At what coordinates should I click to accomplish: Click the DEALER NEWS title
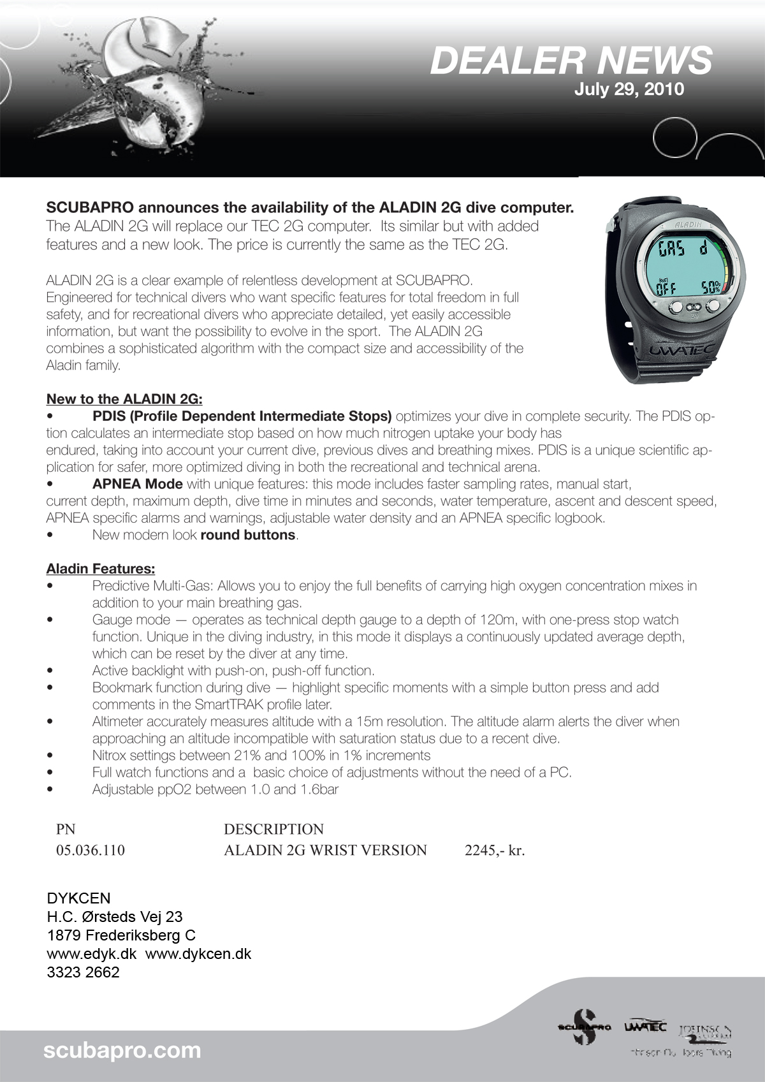point(571,61)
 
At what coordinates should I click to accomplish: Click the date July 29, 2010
point(629,89)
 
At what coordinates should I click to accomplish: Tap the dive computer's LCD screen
point(687,267)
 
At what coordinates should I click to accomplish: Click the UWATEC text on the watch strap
point(681,350)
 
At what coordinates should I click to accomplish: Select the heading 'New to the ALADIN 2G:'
point(124,399)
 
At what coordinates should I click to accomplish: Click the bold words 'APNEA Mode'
point(137,484)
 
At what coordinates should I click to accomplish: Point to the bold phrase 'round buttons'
point(248,535)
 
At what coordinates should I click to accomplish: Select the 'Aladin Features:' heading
point(101,569)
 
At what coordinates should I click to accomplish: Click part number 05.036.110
point(91,851)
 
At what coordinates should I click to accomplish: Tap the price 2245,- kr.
point(495,851)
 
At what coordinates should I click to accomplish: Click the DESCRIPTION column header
point(273,829)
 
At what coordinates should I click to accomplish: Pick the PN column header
point(66,829)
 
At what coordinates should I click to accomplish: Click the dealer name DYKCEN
point(78,898)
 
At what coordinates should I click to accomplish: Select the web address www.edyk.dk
point(92,954)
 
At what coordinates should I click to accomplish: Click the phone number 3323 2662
point(83,972)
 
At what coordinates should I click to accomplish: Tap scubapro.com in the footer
point(122,1050)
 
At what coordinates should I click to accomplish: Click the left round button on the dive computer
point(675,307)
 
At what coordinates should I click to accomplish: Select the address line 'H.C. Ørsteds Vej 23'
point(115,917)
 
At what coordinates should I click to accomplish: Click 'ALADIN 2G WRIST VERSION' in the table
point(325,851)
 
